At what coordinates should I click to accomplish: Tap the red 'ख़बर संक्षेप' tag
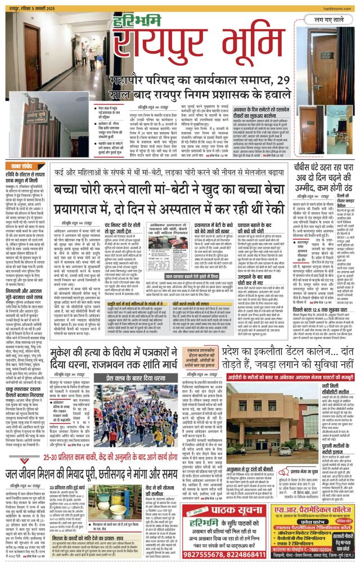(22, 167)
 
